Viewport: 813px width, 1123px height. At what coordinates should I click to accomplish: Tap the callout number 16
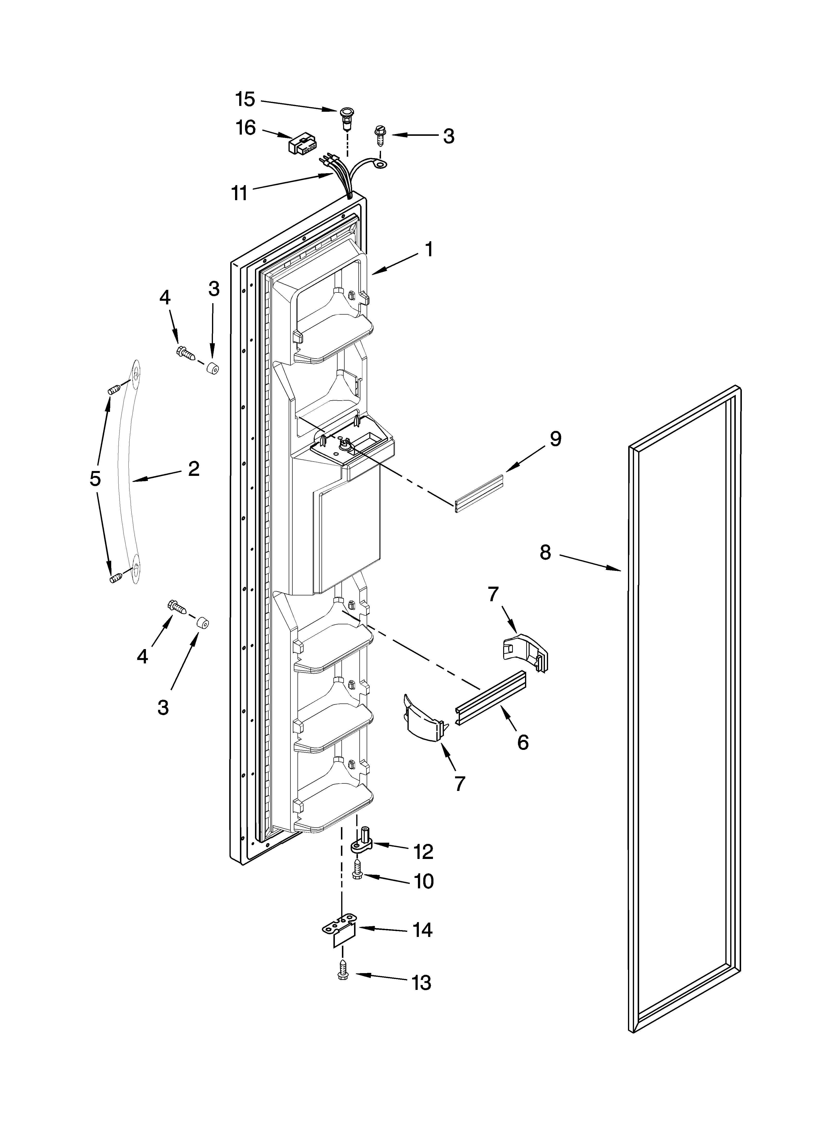click(x=246, y=128)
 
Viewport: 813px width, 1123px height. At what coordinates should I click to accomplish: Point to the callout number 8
click(x=545, y=552)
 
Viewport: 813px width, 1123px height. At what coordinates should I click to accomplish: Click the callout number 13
click(x=421, y=982)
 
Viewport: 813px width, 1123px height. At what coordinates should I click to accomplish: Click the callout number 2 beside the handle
click(x=194, y=468)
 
